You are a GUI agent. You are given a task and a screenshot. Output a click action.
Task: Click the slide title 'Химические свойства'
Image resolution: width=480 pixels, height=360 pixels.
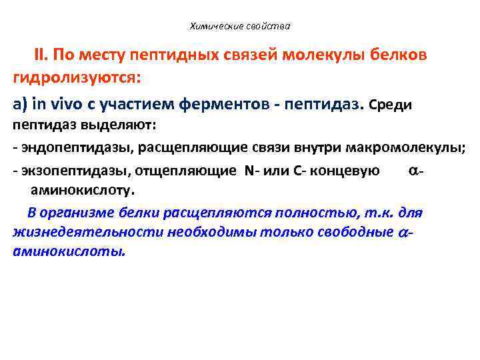coord(240,27)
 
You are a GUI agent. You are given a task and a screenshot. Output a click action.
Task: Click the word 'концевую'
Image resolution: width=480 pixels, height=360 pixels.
coord(351,170)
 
